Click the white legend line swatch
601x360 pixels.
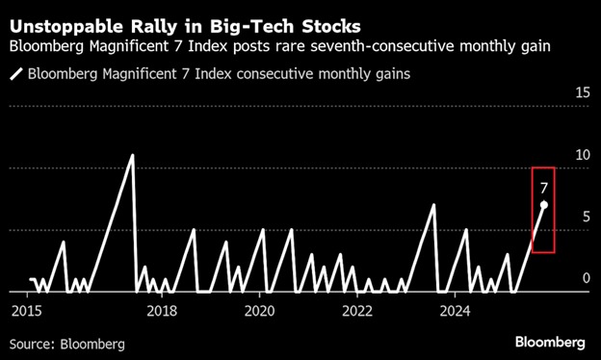click(x=16, y=73)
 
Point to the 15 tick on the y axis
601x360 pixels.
click(x=583, y=92)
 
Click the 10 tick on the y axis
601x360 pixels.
click(x=583, y=155)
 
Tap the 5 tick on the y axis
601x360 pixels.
click(x=586, y=217)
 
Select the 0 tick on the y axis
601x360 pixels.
click(x=586, y=278)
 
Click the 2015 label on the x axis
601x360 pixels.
click(x=27, y=311)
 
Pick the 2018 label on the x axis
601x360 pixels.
click(x=162, y=311)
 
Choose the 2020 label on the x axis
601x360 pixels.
click(x=259, y=311)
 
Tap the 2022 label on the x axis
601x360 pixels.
click(x=357, y=311)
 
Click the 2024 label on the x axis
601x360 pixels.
click(x=455, y=311)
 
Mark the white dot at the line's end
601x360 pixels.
click(x=543, y=205)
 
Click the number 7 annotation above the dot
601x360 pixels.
click(x=544, y=188)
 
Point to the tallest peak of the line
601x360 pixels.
click(x=132, y=155)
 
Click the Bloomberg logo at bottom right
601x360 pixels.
click(x=550, y=342)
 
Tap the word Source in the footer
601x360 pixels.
click(x=32, y=344)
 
